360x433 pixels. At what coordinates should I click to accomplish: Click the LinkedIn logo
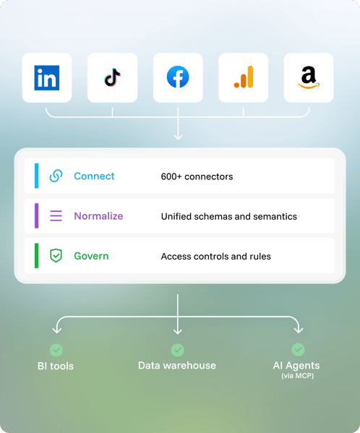click(x=47, y=77)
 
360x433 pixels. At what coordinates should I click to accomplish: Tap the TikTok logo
click(x=112, y=77)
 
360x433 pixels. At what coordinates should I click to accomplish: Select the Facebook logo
click(x=178, y=77)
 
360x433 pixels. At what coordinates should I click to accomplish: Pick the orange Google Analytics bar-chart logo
click(x=244, y=77)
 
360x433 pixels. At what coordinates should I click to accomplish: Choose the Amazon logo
click(x=309, y=77)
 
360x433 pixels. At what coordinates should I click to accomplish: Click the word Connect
click(x=94, y=176)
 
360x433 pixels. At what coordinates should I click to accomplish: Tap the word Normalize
click(x=98, y=216)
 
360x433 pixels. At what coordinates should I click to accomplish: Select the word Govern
click(x=91, y=256)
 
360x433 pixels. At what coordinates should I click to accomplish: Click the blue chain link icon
click(x=56, y=176)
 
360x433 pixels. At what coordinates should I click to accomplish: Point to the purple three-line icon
click(x=56, y=215)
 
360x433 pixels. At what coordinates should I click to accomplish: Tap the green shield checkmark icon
click(x=56, y=255)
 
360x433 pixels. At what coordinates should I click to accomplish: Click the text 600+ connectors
click(x=197, y=176)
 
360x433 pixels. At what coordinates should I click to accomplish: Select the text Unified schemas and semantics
click(x=229, y=217)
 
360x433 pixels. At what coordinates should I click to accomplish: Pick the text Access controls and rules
click(x=216, y=257)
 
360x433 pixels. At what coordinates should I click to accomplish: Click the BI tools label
click(x=56, y=366)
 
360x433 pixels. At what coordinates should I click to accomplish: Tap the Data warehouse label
click(x=177, y=366)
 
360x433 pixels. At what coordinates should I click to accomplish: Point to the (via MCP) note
click(x=298, y=376)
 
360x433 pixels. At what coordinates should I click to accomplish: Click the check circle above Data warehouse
click(x=178, y=350)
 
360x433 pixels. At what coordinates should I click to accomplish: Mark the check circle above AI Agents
click(x=298, y=350)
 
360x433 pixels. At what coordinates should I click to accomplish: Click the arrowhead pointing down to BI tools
click(x=57, y=330)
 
